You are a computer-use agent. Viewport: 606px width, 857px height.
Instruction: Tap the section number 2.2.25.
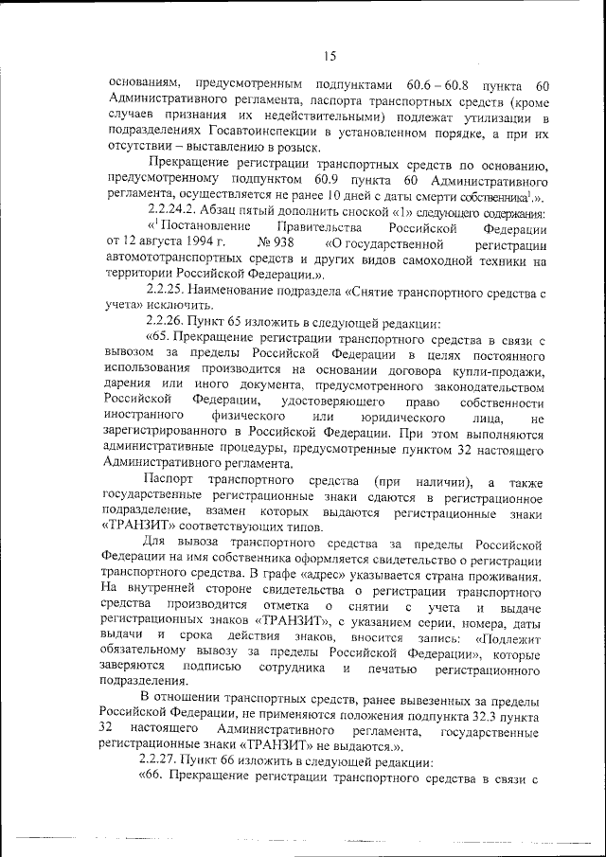coord(166,291)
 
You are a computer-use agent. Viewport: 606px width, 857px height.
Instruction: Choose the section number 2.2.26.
coord(166,322)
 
